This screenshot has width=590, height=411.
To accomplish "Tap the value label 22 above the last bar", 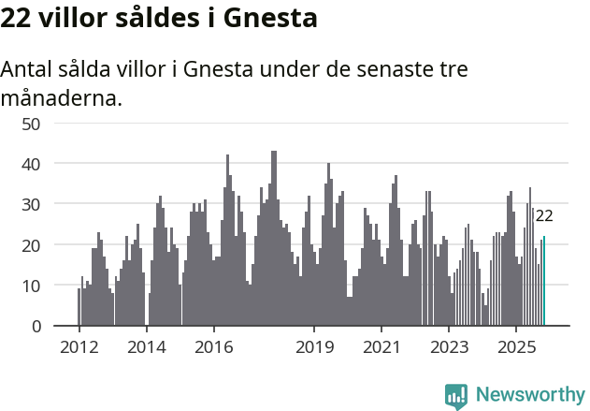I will [x=544, y=216].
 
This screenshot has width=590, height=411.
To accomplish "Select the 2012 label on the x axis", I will [x=79, y=346].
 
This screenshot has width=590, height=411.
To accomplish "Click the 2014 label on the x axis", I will [x=147, y=346].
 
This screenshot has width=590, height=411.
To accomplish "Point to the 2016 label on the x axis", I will [x=214, y=346].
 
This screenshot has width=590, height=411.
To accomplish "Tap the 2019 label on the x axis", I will [x=315, y=346].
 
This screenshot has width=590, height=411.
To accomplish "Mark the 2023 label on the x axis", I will [x=449, y=346].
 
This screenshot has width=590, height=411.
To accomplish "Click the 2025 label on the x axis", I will [x=516, y=346].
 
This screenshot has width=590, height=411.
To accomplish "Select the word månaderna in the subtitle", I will [x=62, y=97].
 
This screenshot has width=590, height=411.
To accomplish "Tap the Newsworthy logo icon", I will [x=456, y=396].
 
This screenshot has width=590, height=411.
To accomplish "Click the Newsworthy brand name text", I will [x=529, y=395].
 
